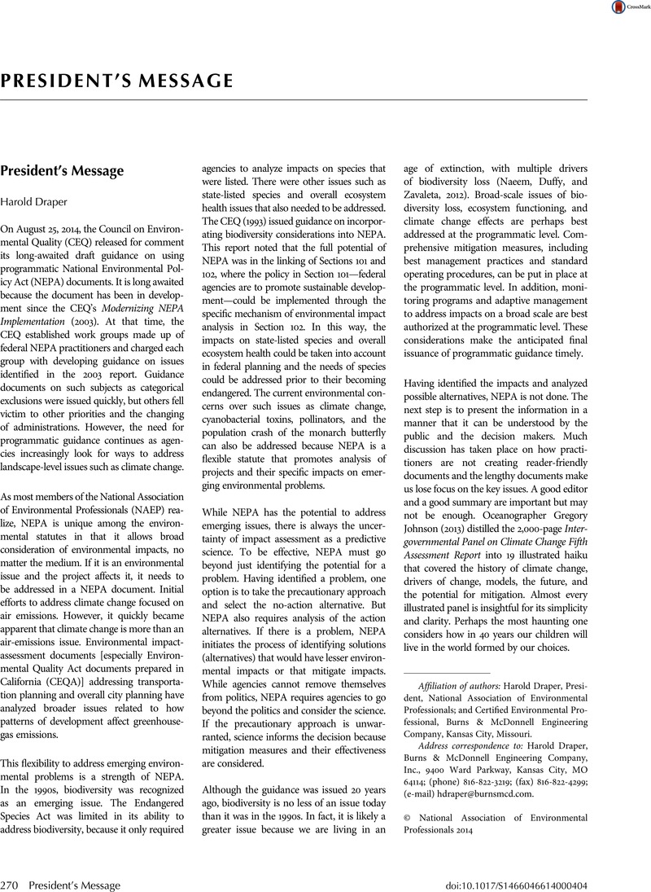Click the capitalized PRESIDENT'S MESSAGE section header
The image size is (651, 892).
[x=117, y=81]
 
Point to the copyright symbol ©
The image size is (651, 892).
[x=409, y=815]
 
